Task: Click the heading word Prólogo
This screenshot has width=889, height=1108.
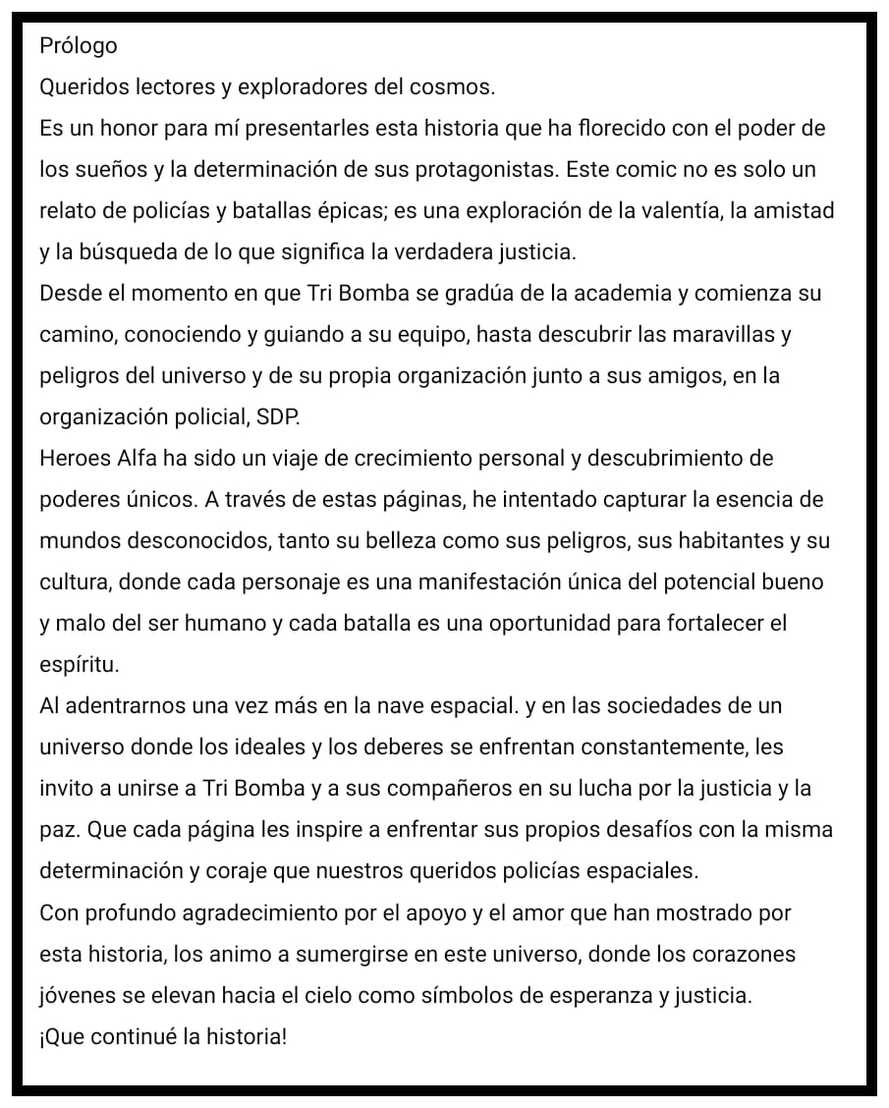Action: point(78,45)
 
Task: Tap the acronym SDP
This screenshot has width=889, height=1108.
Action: point(278,417)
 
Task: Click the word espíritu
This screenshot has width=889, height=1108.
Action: point(79,665)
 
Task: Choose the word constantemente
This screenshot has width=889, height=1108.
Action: point(652,747)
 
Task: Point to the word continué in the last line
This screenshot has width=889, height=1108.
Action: point(135,1036)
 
